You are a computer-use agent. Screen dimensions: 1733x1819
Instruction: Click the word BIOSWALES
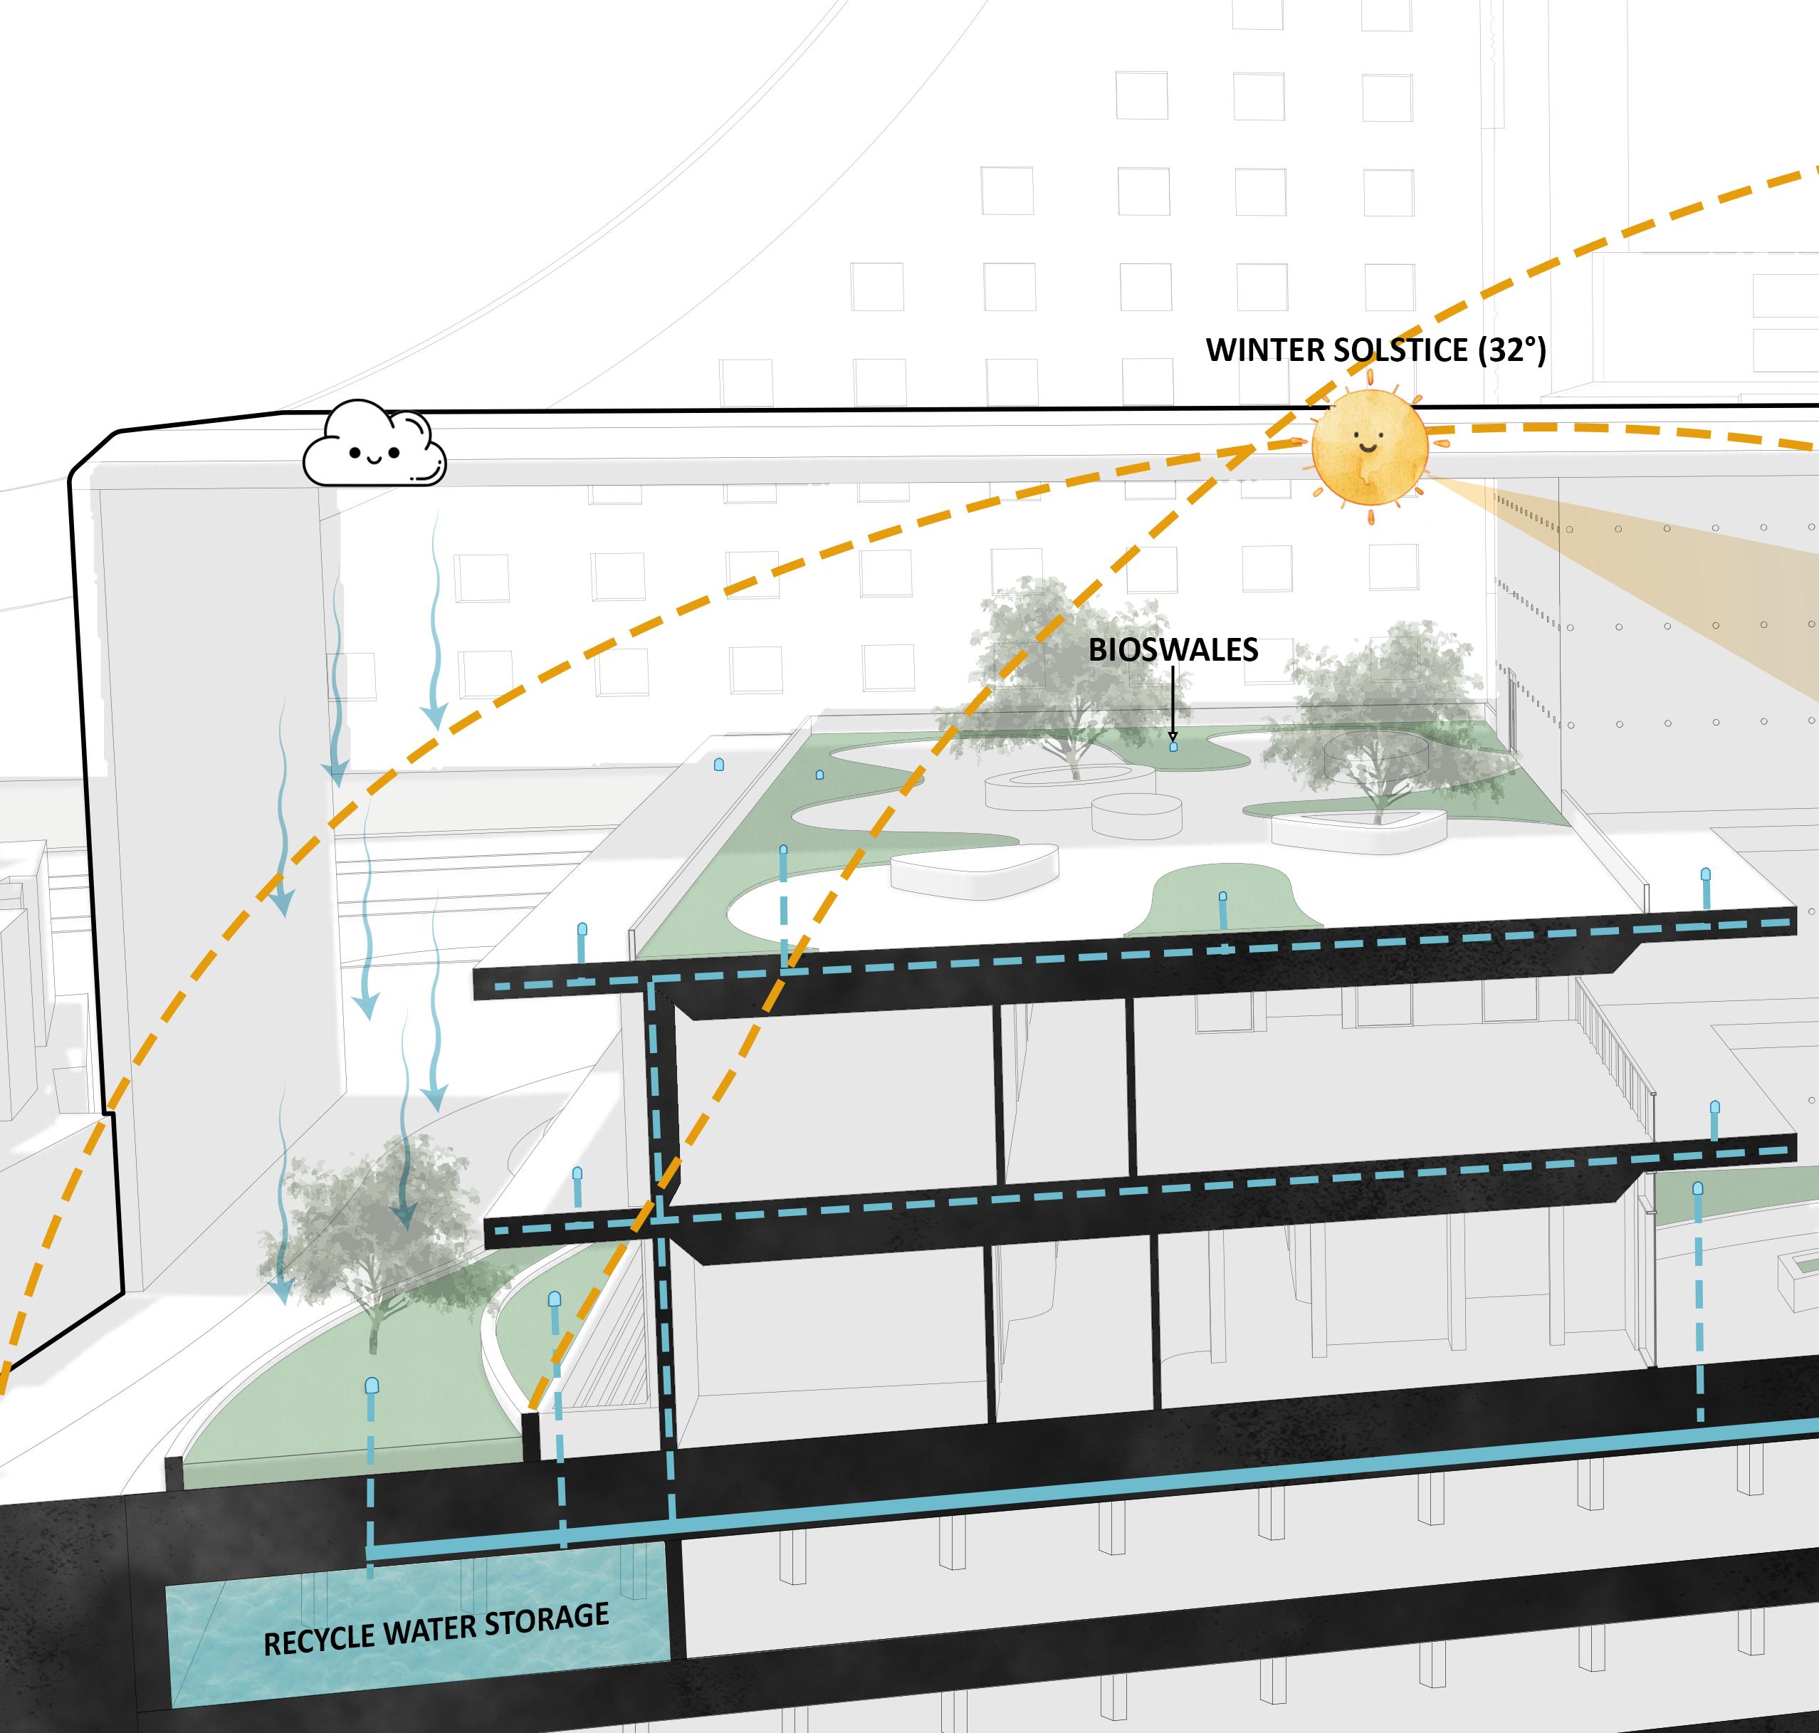tap(1173, 650)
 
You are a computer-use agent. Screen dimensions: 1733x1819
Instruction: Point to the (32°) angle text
tap(1511, 350)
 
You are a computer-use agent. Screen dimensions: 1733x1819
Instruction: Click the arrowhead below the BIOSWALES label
tap(1173, 737)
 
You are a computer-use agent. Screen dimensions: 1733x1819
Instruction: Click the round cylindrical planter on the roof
tap(1136, 815)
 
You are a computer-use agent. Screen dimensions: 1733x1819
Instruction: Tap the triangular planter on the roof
tap(1358, 829)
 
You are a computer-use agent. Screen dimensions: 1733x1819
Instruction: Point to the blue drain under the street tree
tap(372, 1388)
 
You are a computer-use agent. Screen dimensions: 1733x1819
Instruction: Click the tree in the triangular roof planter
tap(1376, 721)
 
